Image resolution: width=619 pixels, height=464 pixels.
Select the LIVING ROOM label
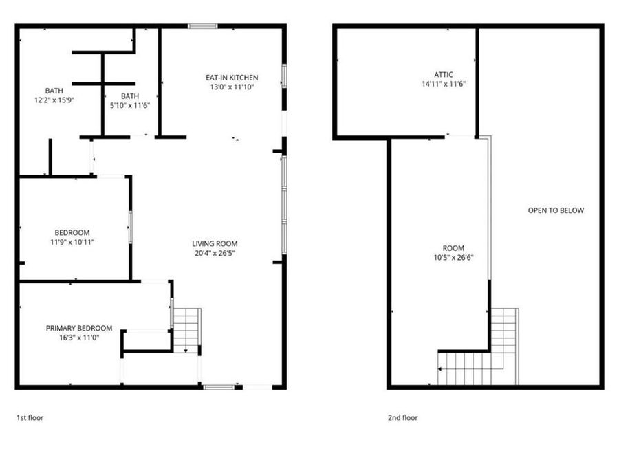pyautogui.click(x=215, y=243)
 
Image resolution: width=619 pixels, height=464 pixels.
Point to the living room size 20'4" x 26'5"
pyautogui.click(x=215, y=253)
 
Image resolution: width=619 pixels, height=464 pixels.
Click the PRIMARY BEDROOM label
pyautogui.click(x=78, y=328)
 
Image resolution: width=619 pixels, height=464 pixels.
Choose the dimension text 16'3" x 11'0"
pyautogui.click(x=78, y=338)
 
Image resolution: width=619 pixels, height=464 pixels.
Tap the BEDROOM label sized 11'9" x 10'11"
pyautogui.click(x=72, y=232)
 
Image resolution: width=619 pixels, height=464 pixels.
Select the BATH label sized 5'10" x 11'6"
pyautogui.click(x=129, y=96)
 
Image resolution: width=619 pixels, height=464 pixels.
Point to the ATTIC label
pyautogui.click(x=444, y=74)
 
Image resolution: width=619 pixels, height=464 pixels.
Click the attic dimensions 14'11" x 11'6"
pyautogui.click(x=444, y=84)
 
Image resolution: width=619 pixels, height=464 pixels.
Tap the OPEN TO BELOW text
pyautogui.click(x=556, y=210)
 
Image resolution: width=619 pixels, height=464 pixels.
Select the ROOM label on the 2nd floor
pyautogui.click(x=453, y=248)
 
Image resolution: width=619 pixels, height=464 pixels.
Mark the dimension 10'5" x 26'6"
pyautogui.click(x=453, y=258)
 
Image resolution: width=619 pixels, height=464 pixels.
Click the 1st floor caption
pyautogui.click(x=31, y=417)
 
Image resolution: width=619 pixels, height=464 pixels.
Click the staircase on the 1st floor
pyautogui.click(x=186, y=330)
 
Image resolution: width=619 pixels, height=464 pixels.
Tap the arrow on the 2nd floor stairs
pyautogui.click(x=442, y=370)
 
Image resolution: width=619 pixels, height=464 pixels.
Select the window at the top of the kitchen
pyautogui.click(x=203, y=26)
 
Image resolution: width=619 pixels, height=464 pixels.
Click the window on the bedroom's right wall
pyautogui.click(x=130, y=227)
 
